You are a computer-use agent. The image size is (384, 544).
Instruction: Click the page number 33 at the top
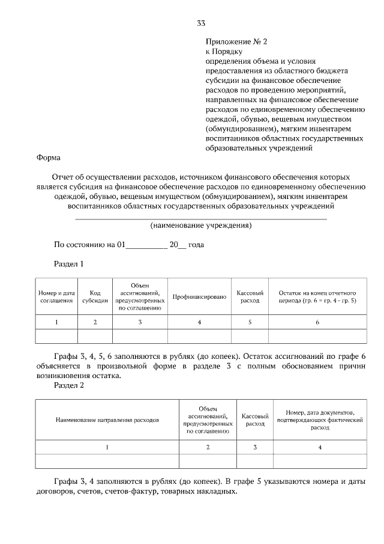pyautogui.click(x=201, y=23)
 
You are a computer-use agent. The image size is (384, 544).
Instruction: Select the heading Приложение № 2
pyautogui.click(x=235, y=41)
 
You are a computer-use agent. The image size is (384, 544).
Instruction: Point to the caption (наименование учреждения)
pyautogui.click(x=200, y=226)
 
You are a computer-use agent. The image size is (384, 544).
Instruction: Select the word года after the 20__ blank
pyautogui.click(x=197, y=245)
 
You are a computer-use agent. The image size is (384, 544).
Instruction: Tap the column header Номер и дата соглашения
pyautogui.click(x=57, y=296)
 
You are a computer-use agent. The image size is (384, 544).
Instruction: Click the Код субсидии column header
pyautogui.click(x=95, y=296)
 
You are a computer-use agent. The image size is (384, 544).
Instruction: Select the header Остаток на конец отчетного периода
pyautogui.click(x=317, y=296)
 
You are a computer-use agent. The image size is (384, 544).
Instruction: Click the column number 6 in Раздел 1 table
pyautogui.click(x=317, y=322)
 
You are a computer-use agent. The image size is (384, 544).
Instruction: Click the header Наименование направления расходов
pyautogui.click(x=107, y=420)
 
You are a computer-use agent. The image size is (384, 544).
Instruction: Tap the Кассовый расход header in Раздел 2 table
pyautogui.click(x=254, y=420)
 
